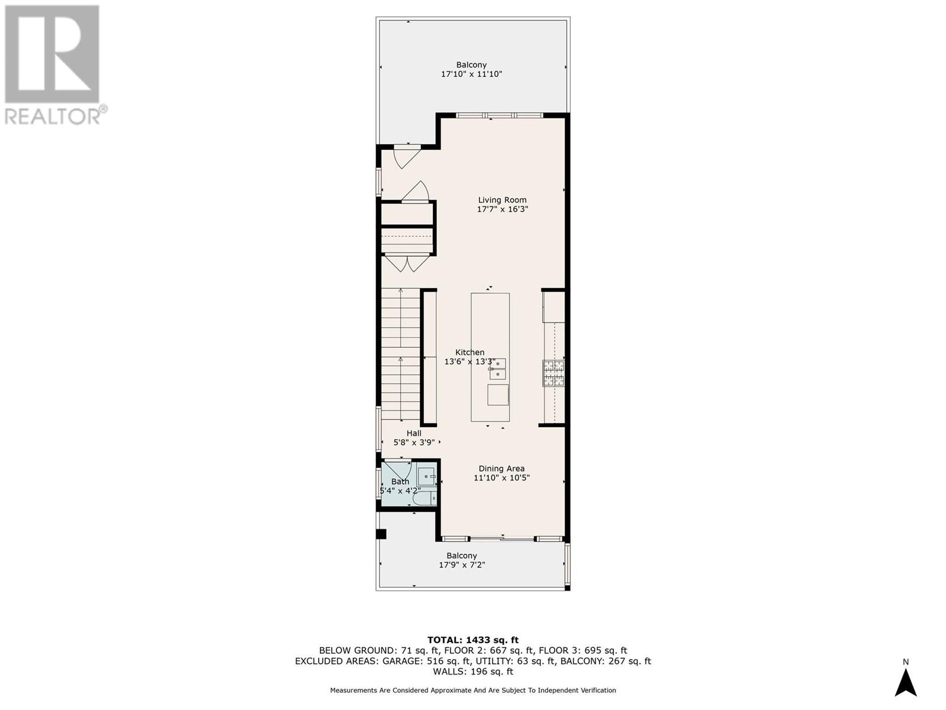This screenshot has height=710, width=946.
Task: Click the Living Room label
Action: pos(502,200)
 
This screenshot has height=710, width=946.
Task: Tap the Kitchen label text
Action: pos(469,352)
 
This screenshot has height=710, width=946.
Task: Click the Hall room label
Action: pos(414,433)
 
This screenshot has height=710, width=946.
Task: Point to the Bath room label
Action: pos(400,482)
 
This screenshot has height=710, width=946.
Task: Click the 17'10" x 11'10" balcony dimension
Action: pos(471,75)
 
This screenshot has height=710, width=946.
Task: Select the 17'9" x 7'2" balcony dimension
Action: pos(462,565)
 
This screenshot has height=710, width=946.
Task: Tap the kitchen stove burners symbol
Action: pos(553,373)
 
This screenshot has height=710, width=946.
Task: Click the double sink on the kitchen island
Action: pos(497,368)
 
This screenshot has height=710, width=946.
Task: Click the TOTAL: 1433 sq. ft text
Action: pos(472,640)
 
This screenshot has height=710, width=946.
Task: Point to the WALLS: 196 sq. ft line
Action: pos(472,672)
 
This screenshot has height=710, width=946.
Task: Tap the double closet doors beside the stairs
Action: pos(407,263)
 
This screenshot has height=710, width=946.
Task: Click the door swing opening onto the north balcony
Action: pos(407,156)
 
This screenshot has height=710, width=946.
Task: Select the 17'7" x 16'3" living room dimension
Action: pos(502,209)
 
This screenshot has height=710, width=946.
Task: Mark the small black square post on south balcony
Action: pos(381,534)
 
